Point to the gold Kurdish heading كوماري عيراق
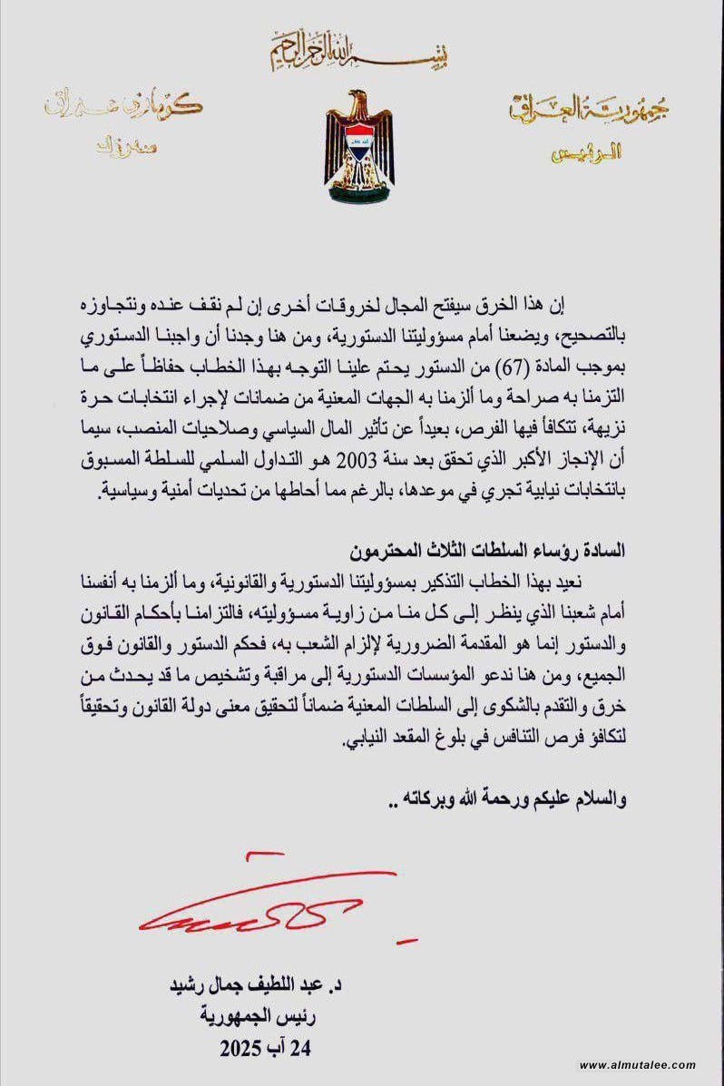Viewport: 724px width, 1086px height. [x=146, y=107]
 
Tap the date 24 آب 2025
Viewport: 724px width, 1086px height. [x=264, y=1049]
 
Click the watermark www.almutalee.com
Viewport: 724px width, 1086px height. [x=637, y=1065]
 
